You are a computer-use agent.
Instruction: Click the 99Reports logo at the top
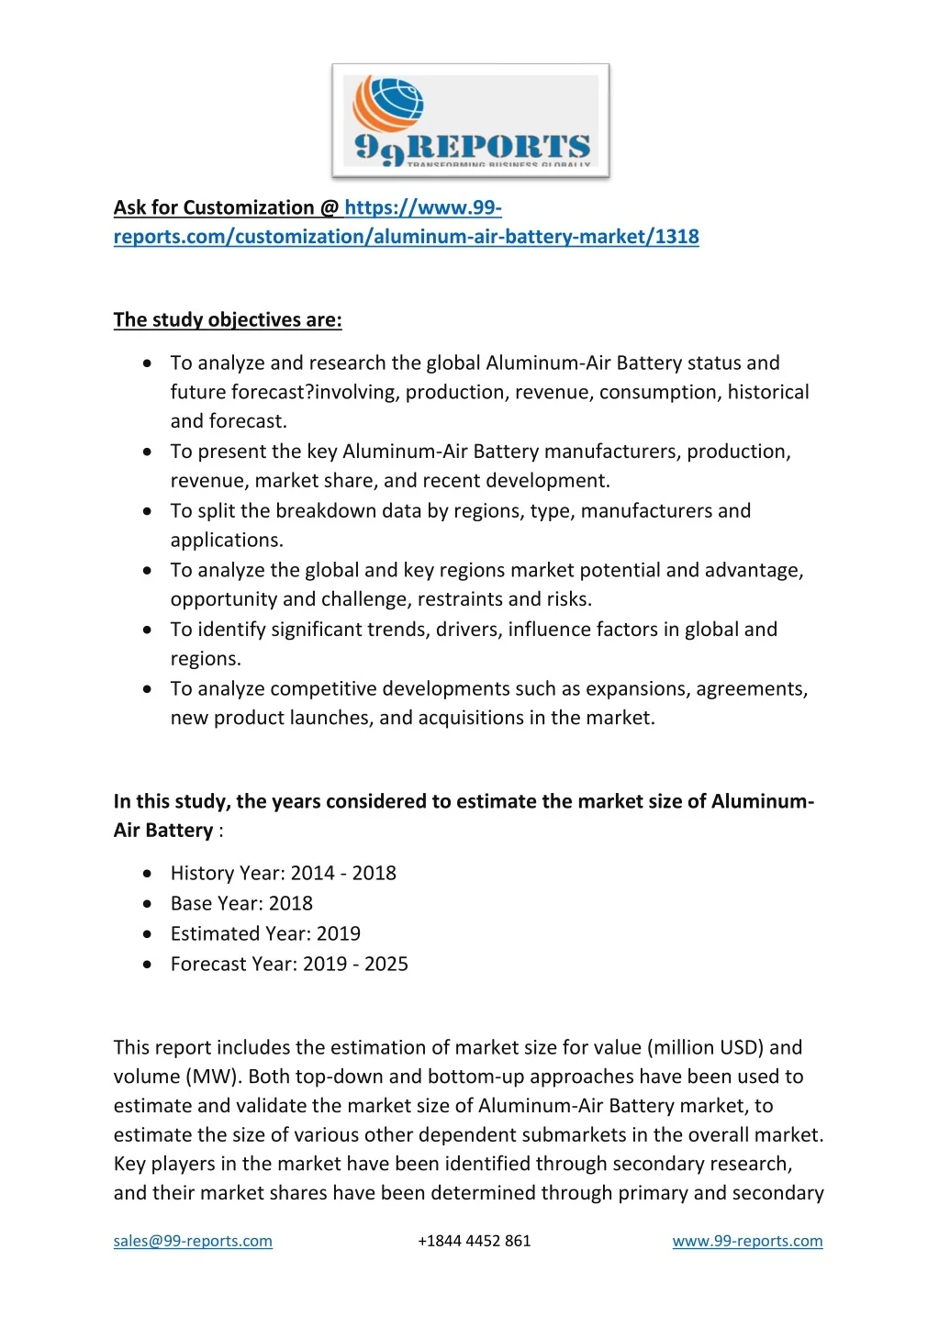470,120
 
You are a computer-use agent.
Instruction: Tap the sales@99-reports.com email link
193,1241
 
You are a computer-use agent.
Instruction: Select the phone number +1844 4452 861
474,1241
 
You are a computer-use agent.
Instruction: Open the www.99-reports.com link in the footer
747,1241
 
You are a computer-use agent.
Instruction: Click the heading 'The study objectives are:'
228,319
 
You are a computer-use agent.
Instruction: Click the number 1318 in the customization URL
677,237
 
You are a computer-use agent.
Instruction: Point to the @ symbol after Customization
330,207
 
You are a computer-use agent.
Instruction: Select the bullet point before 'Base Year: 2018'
148,904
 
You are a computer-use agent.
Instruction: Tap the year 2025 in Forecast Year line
386,964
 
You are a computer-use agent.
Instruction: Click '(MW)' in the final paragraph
213,1077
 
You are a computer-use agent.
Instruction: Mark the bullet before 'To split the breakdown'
148,511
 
